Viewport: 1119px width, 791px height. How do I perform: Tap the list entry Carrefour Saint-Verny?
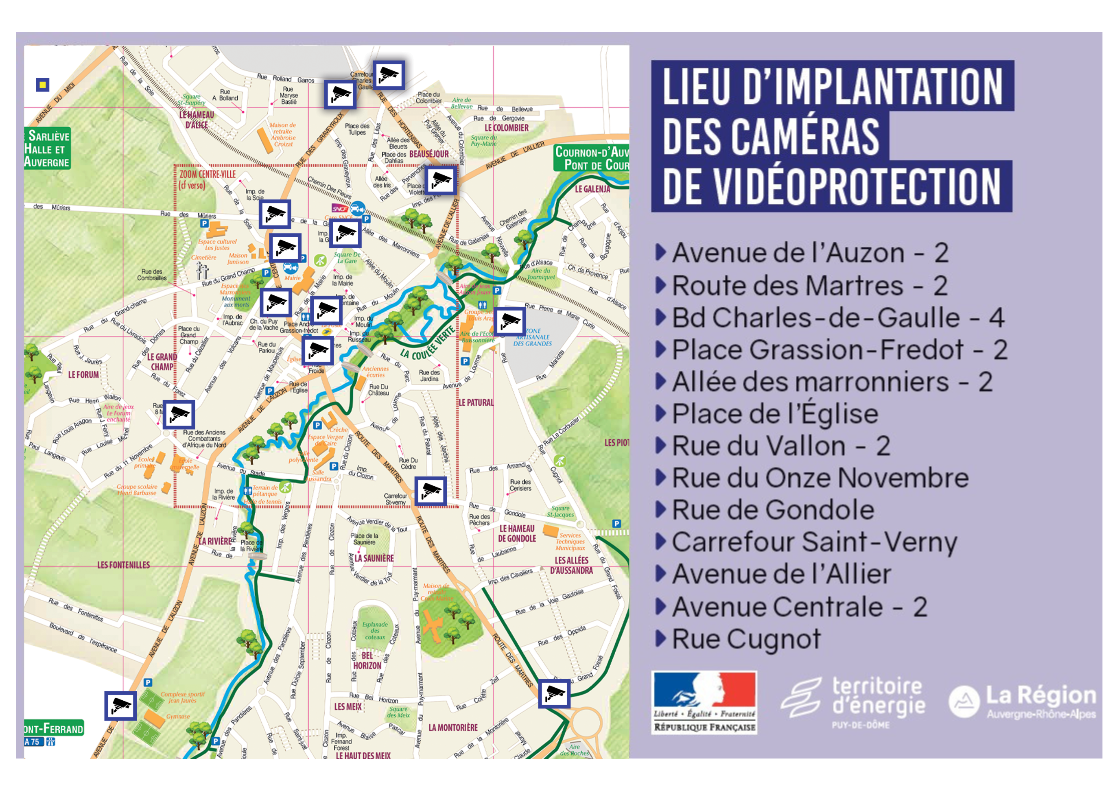click(814, 542)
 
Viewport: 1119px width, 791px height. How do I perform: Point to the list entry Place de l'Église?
click(775, 414)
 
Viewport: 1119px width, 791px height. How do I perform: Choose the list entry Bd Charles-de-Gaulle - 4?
click(837, 318)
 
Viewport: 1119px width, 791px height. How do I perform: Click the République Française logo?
click(704, 702)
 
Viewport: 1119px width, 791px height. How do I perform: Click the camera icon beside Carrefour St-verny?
click(431, 491)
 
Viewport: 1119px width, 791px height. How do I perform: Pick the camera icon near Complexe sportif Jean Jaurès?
click(120, 706)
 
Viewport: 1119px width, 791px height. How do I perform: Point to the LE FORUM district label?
click(83, 375)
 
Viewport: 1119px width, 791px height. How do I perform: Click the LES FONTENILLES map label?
click(123, 565)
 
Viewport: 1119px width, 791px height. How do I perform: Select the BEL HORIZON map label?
click(367, 661)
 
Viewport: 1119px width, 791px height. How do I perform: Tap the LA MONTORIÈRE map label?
click(453, 728)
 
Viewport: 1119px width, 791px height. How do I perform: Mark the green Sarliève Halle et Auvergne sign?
click(47, 149)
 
